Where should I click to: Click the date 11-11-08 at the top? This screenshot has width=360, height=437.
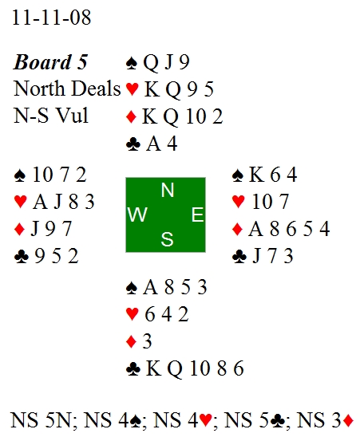pyautogui.click(x=52, y=18)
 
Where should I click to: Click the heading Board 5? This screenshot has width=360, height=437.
pyautogui.click(x=50, y=62)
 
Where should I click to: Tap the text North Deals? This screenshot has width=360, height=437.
pyautogui.click(x=67, y=89)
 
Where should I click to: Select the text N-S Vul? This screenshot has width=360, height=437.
pyautogui.click(x=51, y=116)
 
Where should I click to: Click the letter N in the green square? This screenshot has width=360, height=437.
pyautogui.click(x=168, y=190)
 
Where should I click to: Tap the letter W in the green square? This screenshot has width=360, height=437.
pyautogui.click(x=137, y=215)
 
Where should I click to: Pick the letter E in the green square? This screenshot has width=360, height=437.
pyautogui.click(x=197, y=215)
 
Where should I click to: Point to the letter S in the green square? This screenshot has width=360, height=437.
pyautogui.click(x=167, y=239)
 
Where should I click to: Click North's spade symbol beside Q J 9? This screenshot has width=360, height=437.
pyautogui.click(x=132, y=63)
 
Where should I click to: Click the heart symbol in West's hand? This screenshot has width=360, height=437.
pyautogui.click(x=21, y=202)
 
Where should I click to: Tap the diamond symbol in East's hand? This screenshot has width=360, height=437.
pyautogui.click(x=237, y=229)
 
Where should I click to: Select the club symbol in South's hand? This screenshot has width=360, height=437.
pyautogui.click(x=133, y=369)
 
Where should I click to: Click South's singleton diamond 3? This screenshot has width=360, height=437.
pyautogui.click(x=147, y=341)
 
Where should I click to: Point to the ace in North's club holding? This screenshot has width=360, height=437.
pyautogui.click(x=153, y=144)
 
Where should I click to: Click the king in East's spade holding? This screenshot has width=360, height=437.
pyautogui.click(x=256, y=175)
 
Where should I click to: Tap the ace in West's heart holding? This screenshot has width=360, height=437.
pyautogui.click(x=40, y=202)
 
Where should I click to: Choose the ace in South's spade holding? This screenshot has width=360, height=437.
pyautogui.click(x=150, y=287)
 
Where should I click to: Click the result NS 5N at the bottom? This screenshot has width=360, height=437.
pyautogui.click(x=41, y=420)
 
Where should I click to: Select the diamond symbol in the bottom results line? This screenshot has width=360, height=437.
pyautogui.click(x=348, y=420)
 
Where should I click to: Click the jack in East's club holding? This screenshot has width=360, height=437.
pyautogui.click(x=257, y=256)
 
